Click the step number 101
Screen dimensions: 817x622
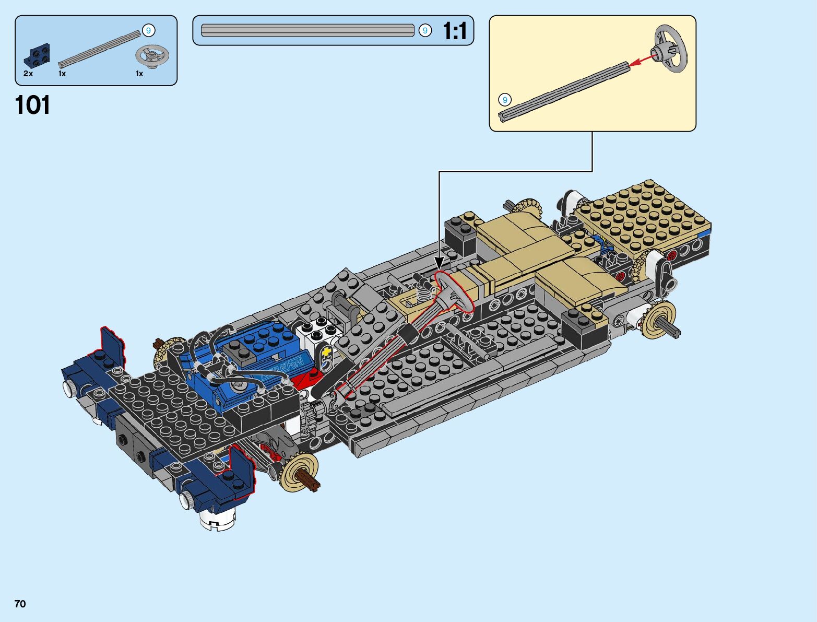point(32,105)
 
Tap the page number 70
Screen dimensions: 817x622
point(20,604)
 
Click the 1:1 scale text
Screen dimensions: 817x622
point(455,30)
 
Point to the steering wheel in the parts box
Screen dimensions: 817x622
point(152,56)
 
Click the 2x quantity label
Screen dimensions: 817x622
point(28,74)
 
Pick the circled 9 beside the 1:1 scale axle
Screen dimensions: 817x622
point(425,30)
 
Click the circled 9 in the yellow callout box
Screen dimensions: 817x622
point(505,100)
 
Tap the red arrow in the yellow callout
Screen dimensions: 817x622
point(643,60)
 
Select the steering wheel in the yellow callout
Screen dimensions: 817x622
point(670,49)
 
